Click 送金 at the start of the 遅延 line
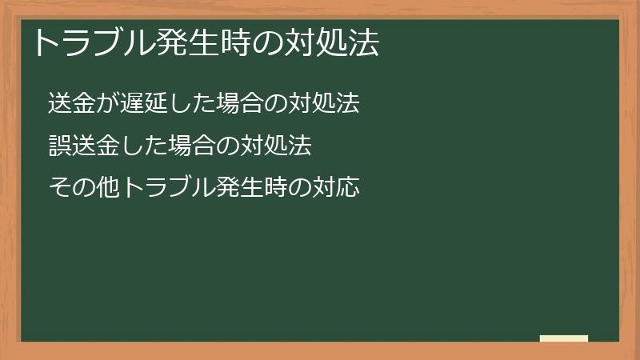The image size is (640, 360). pos(69,103)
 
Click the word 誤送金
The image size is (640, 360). pos(79,146)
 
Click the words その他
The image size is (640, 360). pos(79,188)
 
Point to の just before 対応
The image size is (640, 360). pos(299,188)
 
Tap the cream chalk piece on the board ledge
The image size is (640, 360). pos(564,338)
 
